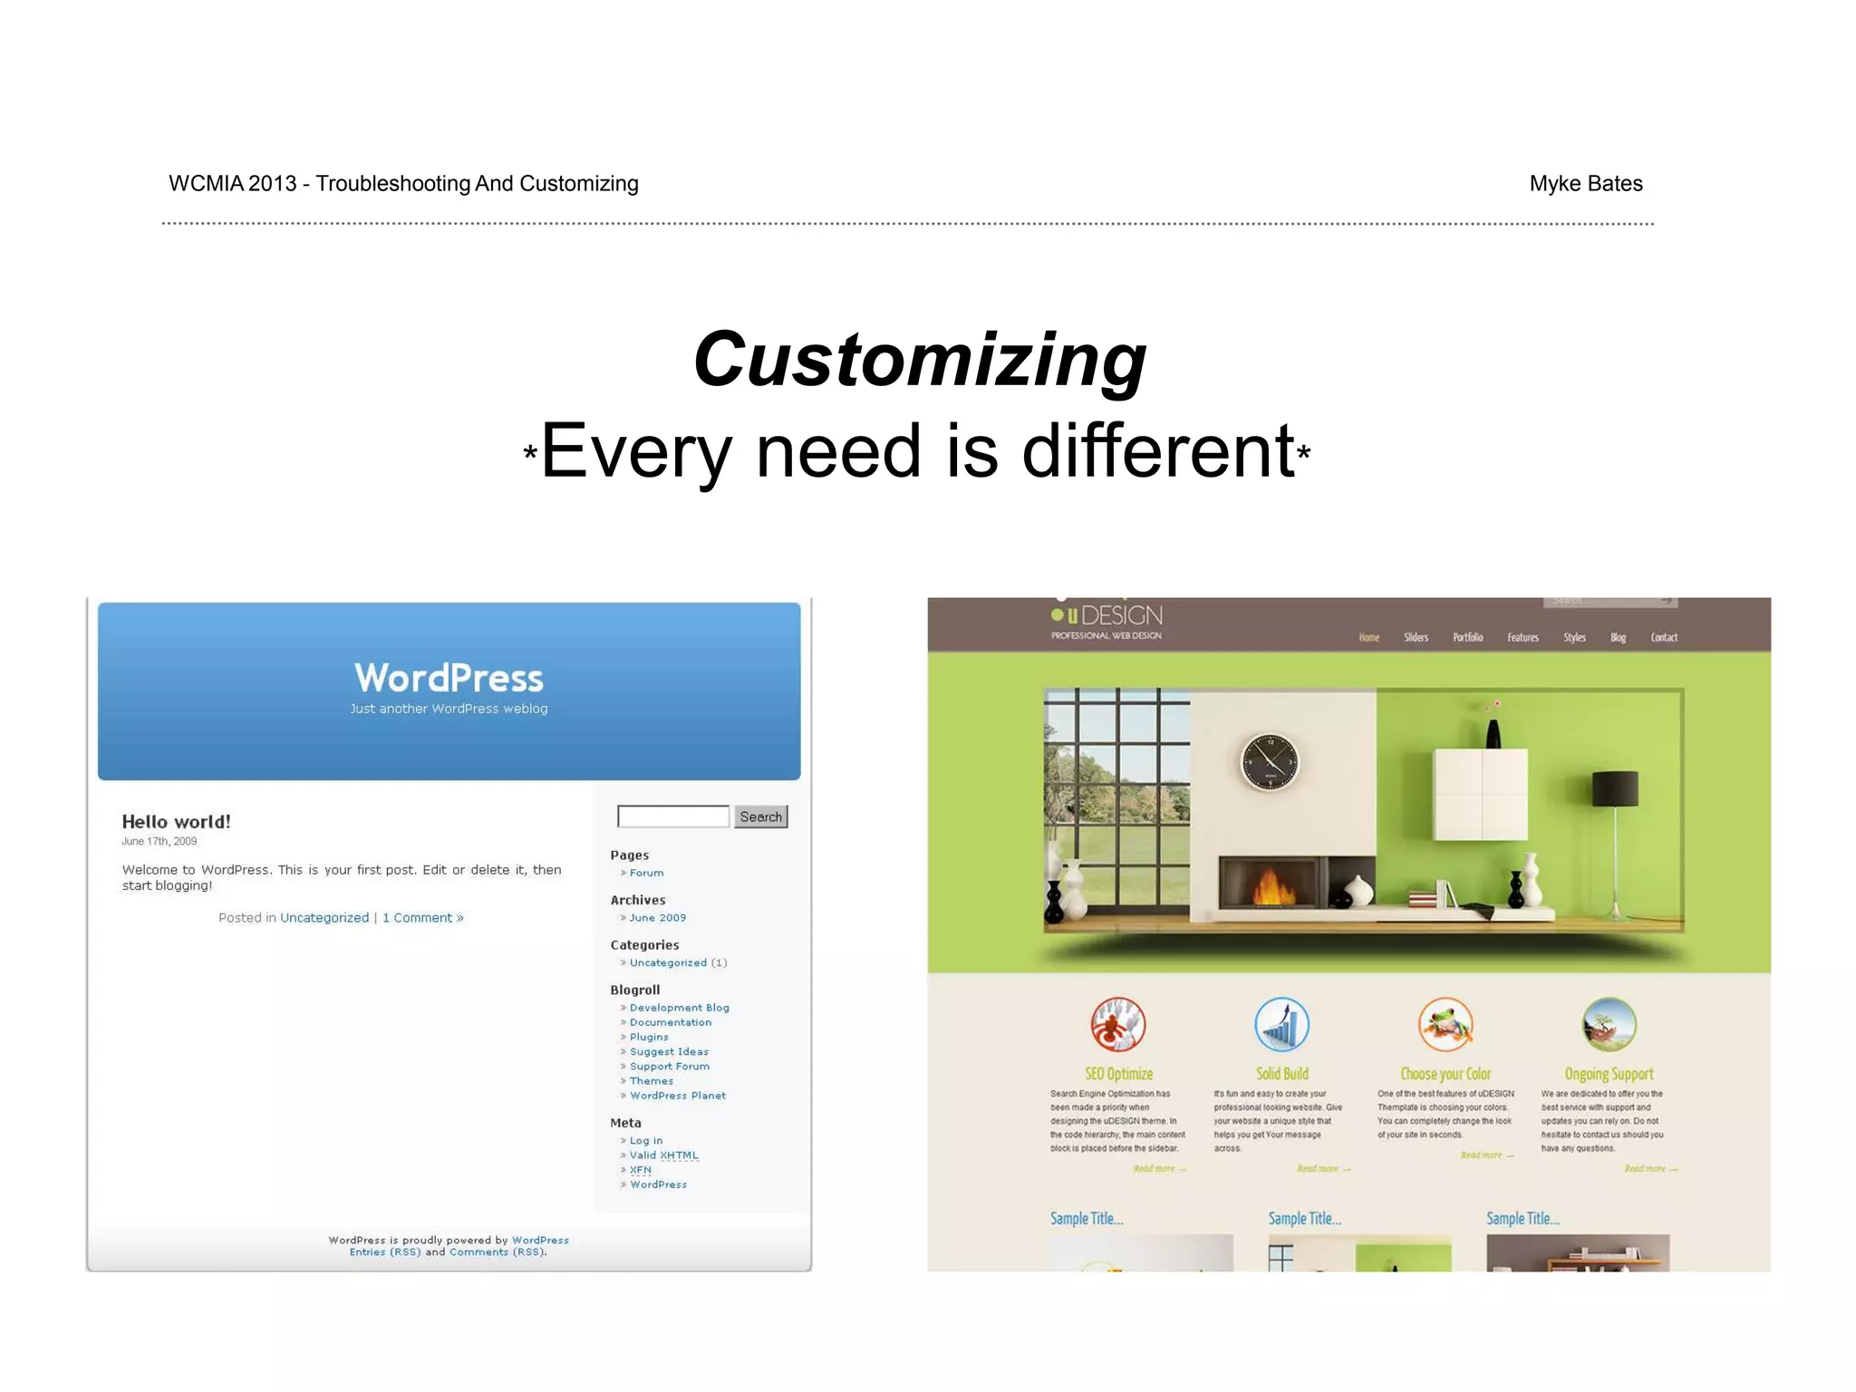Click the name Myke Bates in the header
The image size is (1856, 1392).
1585,184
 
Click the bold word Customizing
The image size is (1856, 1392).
920,360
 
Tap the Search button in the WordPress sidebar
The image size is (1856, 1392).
760,817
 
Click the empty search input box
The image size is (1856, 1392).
673,817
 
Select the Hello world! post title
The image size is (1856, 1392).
177,822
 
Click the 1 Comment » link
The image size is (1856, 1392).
422,918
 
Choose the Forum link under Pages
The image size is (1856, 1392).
646,873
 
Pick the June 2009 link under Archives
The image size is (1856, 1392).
658,918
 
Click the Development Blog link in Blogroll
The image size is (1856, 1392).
679,1008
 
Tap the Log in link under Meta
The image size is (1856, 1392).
646,1141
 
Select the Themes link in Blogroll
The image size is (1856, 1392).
652,1081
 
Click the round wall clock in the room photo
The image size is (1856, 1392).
1269,762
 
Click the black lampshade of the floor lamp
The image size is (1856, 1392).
1615,788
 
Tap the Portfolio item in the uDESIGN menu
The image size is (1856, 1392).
1467,638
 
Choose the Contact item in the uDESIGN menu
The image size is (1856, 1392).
1663,638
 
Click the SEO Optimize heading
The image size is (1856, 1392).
1118,1074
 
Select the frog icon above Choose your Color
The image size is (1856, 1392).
1445,1025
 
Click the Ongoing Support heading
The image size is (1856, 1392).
1609,1074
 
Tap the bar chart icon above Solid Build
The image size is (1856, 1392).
1281,1025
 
